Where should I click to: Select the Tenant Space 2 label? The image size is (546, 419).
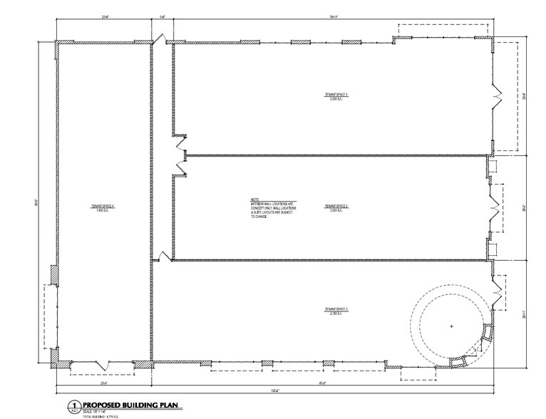click(336, 206)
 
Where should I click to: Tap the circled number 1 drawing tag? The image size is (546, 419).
click(72, 405)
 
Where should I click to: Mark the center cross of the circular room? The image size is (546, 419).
click(452, 326)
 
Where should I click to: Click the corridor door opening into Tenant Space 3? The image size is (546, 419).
click(164, 257)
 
